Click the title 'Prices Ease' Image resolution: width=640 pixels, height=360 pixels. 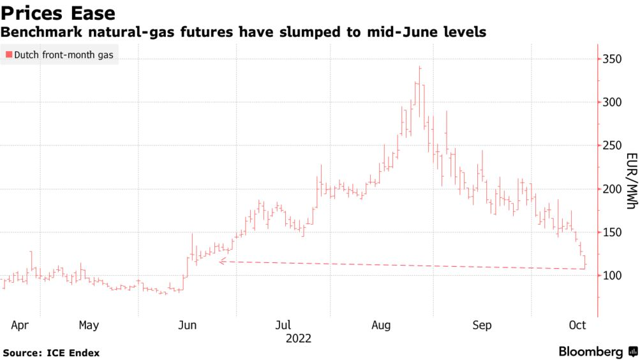[x=59, y=13]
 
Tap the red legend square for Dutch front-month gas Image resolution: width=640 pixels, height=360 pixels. [x=8, y=55]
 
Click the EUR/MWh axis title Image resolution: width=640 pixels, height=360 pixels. [x=630, y=181]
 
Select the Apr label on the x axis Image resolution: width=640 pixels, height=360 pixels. [x=20, y=326]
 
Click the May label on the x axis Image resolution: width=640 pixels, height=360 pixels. [x=89, y=326]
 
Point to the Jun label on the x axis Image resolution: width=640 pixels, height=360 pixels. [x=187, y=326]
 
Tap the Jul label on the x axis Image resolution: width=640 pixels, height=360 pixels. [x=284, y=326]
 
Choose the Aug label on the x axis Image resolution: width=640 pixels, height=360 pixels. [x=381, y=326]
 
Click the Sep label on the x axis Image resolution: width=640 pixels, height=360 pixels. [x=482, y=326]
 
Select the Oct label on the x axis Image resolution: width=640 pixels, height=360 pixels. [x=577, y=326]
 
